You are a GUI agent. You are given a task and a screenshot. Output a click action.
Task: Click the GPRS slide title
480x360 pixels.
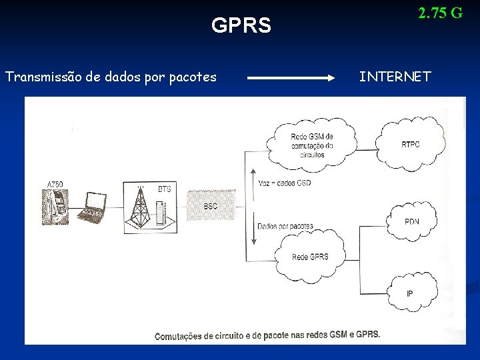pos(241,26)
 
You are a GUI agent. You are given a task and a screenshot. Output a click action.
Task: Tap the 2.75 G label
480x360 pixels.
pos(440,13)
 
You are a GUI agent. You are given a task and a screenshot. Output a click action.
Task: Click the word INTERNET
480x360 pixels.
pos(395,77)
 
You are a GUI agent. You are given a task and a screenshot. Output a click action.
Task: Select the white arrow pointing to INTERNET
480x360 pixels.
pos(291,78)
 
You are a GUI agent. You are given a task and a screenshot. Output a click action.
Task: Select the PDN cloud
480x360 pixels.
pos(412,221)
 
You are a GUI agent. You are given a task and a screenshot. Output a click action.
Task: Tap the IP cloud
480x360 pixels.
pos(410,292)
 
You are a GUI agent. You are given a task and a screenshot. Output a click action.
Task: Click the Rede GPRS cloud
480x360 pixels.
pos(310,255)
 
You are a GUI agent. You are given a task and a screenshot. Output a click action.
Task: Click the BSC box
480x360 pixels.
pos(211,206)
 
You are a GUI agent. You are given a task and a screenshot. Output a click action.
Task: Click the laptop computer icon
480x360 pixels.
pos(94,207)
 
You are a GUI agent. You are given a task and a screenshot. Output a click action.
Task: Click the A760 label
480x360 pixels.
pos(55,184)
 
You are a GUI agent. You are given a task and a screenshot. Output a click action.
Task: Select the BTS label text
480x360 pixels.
pos(164,189)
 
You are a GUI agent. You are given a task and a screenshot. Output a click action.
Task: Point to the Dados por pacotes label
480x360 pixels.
pos(285,226)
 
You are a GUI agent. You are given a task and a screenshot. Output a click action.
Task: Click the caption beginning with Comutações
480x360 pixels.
pos(267,335)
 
